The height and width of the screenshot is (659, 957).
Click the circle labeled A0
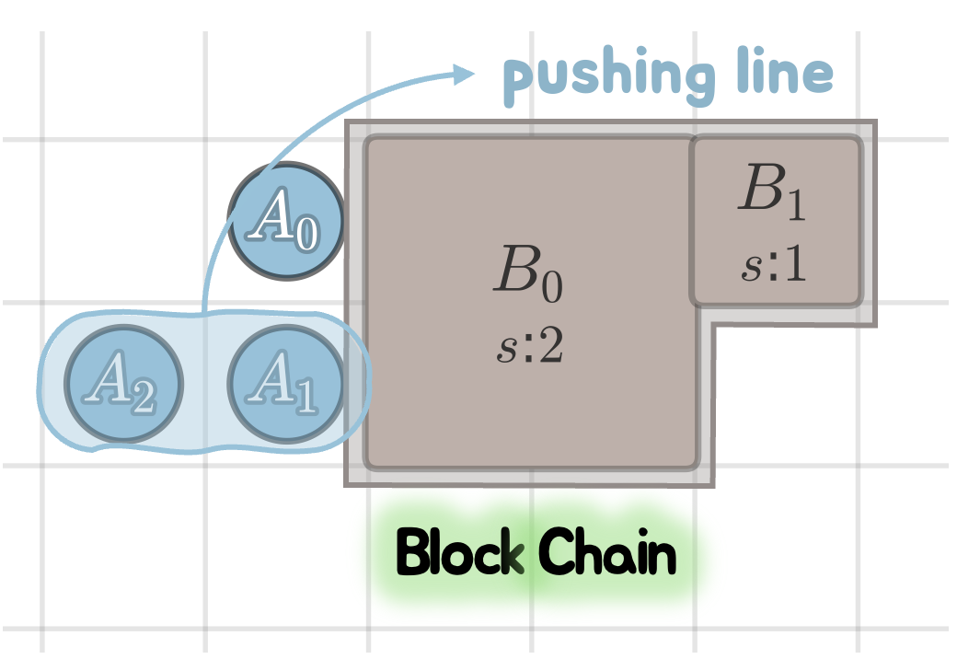click(x=286, y=222)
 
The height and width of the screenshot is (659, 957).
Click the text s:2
click(x=528, y=351)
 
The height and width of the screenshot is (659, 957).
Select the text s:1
click(x=773, y=266)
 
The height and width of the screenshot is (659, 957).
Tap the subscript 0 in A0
click(x=306, y=238)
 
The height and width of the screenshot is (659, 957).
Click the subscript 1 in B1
click(x=795, y=208)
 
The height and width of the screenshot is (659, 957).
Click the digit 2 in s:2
click(x=550, y=350)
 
